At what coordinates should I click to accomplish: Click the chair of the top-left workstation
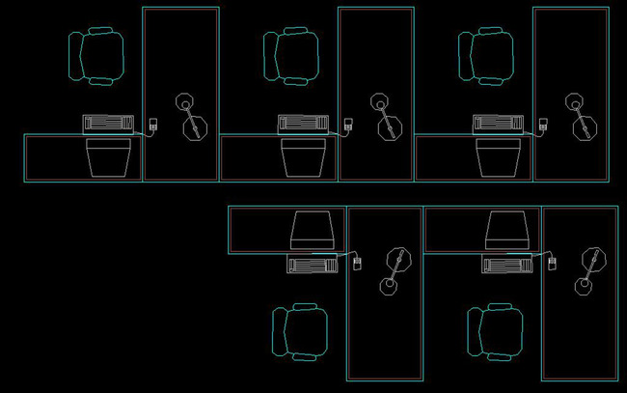98,56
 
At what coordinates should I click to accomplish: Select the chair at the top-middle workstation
291,56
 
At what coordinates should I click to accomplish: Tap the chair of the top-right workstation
486,56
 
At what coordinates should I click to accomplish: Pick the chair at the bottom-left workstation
301,332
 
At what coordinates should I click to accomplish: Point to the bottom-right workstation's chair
496,332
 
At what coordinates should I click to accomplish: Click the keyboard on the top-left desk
107,124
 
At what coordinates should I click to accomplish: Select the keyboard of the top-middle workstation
303,124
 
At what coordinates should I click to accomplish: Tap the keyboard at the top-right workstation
498,124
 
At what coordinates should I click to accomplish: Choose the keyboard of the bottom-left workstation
312,263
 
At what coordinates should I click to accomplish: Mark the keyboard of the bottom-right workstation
507,263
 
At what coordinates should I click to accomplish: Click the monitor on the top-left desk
108,157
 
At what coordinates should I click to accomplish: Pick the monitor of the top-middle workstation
303,157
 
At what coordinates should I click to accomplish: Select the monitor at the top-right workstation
498,157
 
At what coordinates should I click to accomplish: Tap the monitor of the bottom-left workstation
313,230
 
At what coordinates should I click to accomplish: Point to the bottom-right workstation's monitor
507,230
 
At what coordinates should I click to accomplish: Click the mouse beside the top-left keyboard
152,124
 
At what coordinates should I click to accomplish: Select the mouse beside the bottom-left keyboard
357,263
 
